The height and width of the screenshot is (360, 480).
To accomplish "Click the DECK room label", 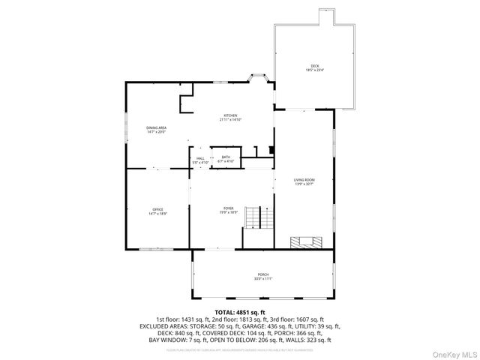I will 314,65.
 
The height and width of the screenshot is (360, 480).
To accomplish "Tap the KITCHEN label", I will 230,115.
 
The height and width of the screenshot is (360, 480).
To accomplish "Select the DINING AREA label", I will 157,127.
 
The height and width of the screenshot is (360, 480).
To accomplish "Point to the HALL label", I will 200,158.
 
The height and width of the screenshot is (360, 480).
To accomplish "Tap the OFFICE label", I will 157,209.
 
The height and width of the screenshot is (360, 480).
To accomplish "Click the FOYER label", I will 228,208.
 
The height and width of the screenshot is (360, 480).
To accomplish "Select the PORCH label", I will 262,274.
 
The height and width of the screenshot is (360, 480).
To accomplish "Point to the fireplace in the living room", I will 306,242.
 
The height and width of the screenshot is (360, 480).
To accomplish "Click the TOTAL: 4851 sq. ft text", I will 240,311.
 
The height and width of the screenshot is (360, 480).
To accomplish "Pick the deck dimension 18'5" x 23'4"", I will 314,70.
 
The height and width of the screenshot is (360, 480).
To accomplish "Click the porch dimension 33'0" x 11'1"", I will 262,279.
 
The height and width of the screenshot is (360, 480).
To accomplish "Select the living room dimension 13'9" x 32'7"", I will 304,184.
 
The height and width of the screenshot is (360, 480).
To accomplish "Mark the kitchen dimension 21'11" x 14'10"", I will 230,120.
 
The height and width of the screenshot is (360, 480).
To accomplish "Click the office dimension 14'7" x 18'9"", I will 157,214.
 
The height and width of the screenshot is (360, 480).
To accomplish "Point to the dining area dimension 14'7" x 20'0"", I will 157,132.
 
